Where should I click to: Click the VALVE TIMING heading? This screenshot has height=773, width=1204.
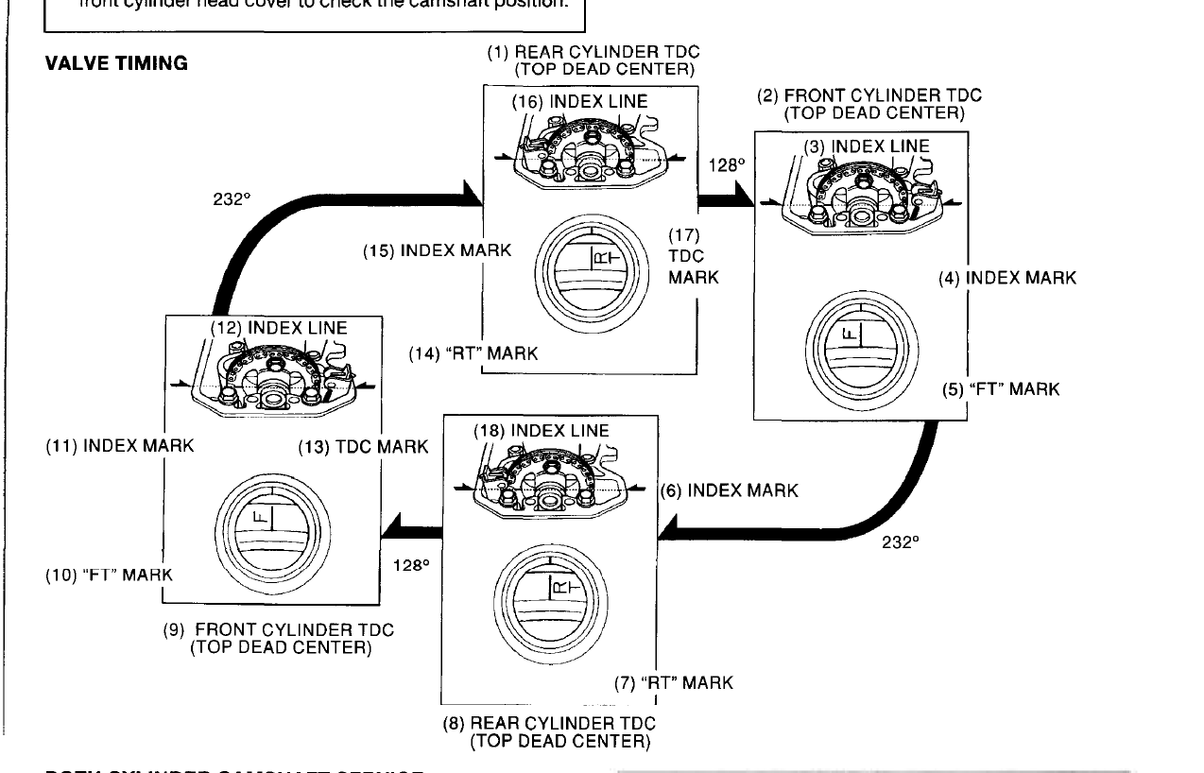click(116, 64)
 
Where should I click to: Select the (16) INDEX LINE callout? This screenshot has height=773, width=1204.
click(579, 101)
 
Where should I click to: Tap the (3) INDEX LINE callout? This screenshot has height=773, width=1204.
click(866, 146)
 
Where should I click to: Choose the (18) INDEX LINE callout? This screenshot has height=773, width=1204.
click(541, 431)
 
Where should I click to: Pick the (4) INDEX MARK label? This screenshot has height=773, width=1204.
click(1006, 278)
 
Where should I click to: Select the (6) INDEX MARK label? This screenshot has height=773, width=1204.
click(729, 490)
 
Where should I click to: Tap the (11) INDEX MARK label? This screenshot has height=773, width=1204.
click(120, 446)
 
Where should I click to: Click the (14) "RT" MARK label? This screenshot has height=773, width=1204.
click(473, 353)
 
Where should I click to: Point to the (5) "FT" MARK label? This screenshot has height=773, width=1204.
click(1001, 389)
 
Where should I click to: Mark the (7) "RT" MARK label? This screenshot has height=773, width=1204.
click(674, 682)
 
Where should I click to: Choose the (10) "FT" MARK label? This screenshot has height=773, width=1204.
click(110, 575)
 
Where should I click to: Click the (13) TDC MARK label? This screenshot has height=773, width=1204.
click(363, 446)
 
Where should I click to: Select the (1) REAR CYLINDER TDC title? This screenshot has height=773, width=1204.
click(593, 60)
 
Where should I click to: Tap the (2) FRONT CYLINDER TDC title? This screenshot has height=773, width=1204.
click(869, 104)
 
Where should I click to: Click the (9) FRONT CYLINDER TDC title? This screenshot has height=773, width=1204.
click(279, 638)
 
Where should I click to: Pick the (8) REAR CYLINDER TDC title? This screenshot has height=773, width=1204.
click(549, 732)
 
